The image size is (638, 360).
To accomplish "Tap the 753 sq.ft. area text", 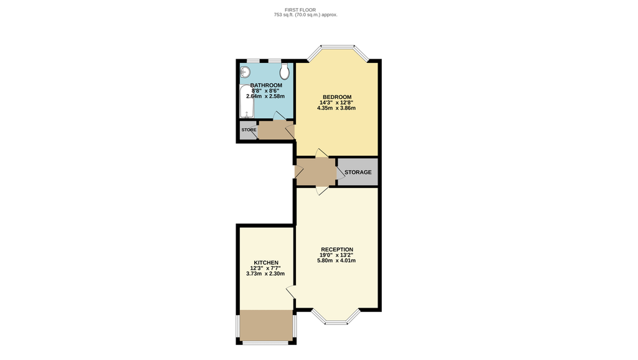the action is coord(305,15).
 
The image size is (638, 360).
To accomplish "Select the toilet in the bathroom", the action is coord(284,71).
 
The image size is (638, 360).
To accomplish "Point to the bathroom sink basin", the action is coord(244,72).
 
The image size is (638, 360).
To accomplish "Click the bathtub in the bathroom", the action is coord(247,101).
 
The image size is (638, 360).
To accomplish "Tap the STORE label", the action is coord(249,130).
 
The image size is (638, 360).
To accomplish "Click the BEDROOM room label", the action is coord(337,97).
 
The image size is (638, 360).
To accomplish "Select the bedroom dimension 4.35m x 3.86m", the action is coord(336,108).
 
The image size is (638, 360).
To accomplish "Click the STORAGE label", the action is coord(358,172).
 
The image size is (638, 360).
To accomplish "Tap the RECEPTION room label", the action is coord(337,249).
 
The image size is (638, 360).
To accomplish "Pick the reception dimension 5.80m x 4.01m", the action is coord(336,260).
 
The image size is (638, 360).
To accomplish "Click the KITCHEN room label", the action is coord(266,263).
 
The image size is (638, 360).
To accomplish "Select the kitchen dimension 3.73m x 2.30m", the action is coord(265,274).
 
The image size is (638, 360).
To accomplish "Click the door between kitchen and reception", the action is coord(292,293).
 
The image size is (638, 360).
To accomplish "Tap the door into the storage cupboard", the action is coord(340,173).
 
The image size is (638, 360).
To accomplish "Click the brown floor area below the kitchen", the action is coord(266,325).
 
